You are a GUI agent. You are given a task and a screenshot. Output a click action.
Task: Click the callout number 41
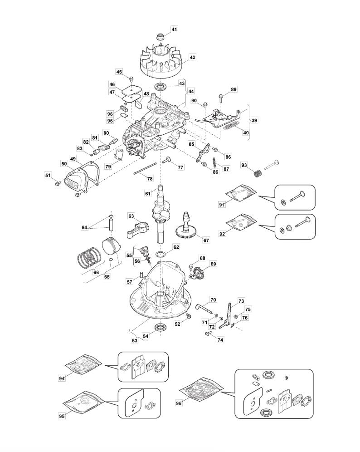(174, 29)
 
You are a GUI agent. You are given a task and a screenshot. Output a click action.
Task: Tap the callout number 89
(234, 89)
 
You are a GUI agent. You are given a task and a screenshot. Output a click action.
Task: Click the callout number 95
(62, 416)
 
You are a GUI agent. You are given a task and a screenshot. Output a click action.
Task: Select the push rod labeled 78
(145, 170)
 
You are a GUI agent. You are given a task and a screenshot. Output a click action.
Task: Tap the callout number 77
(180, 167)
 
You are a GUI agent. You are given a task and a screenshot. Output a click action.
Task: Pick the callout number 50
(64, 163)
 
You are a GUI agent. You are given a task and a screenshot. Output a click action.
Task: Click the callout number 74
(220, 340)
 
